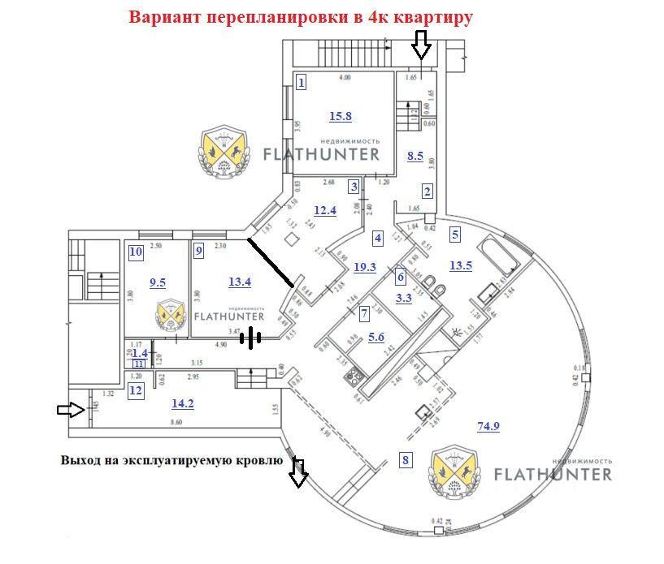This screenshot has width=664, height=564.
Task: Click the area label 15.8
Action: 341,116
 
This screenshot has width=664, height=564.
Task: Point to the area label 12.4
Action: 325,211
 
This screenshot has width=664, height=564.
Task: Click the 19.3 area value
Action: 366,266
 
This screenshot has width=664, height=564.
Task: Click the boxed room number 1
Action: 302,82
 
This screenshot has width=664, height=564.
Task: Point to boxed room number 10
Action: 136,252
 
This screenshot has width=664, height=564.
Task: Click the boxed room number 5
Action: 455,235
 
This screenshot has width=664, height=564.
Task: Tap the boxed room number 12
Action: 136,390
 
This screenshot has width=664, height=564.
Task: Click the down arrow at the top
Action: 420,45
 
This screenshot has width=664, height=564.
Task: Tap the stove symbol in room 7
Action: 354,377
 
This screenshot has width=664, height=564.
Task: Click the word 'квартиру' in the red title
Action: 432,18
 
